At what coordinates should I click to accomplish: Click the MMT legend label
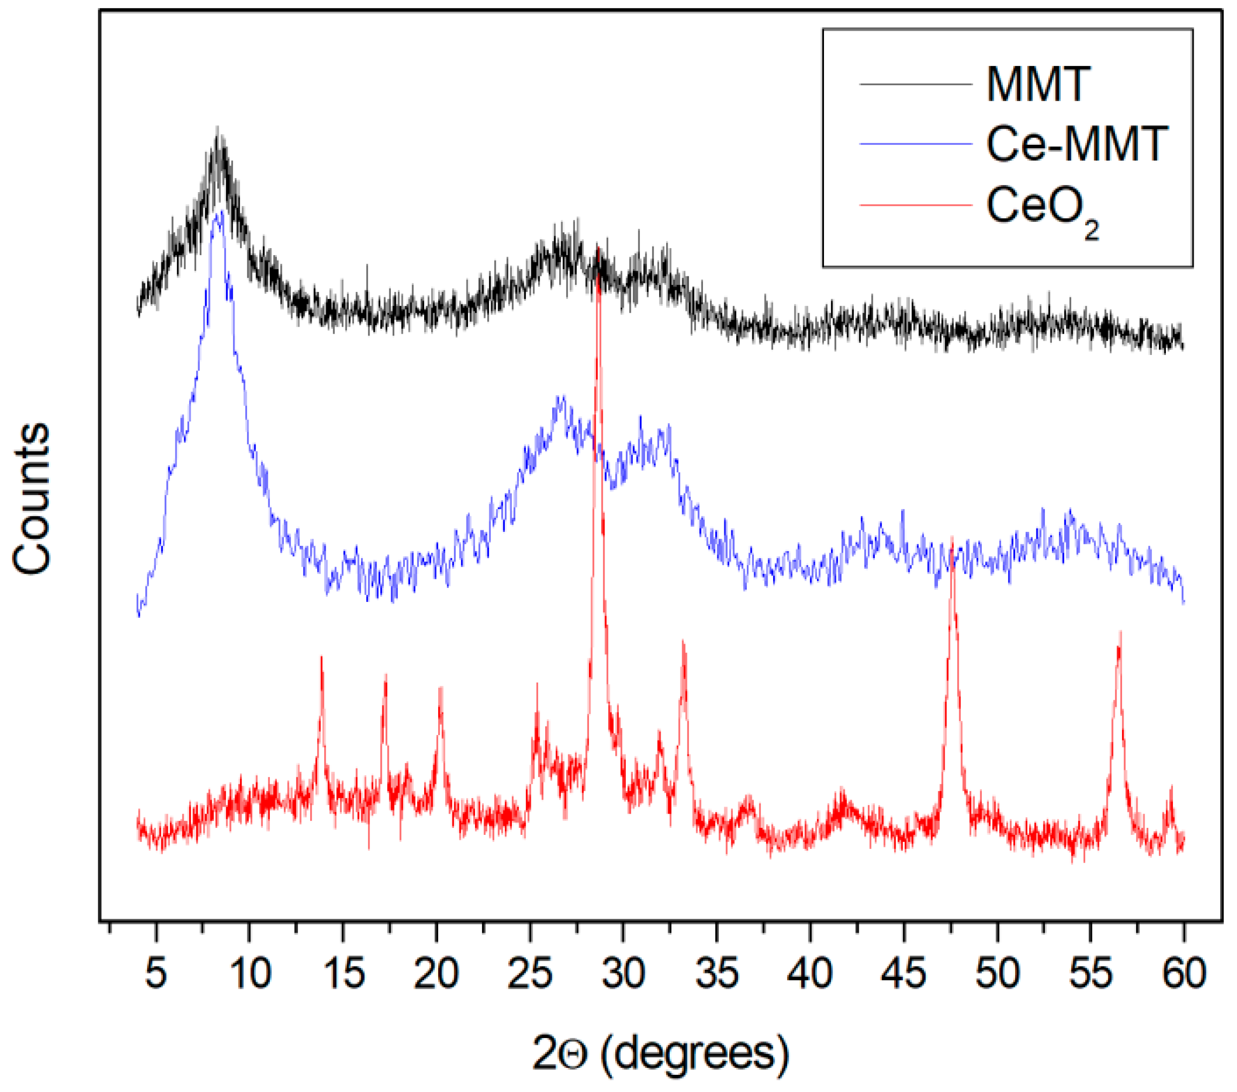click(1037, 84)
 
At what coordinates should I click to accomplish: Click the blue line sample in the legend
click(915, 144)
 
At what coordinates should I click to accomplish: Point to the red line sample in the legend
click(915, 206)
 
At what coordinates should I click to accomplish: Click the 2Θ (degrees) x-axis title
click(660, 1053)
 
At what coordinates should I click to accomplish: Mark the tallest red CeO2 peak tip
click(598, 248)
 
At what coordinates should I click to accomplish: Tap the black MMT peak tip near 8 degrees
click(217, 128)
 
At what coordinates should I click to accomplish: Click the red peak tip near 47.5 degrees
click(952, 537)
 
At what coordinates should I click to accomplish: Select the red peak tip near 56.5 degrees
click(1120, 632)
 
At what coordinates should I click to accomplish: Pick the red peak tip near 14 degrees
click(321, 656)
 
